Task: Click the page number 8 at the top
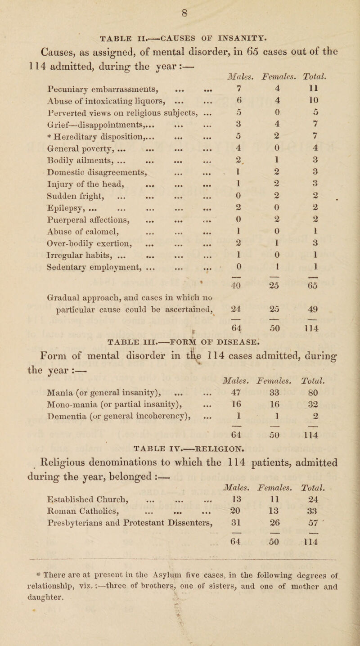click(180, 7)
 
